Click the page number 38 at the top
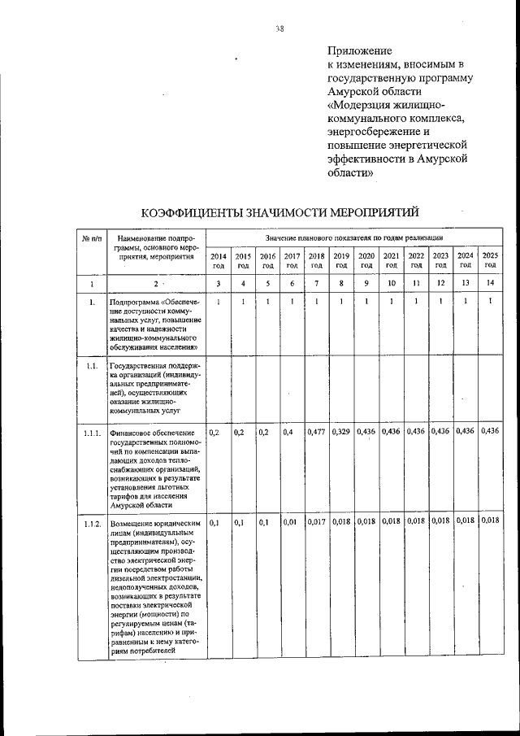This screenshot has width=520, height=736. [x=279, y=28]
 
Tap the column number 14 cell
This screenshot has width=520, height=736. [x=489, y=284]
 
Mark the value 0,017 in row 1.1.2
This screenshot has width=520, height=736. [x=317, y=521]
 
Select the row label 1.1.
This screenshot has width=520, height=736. [x=92, y=366]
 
